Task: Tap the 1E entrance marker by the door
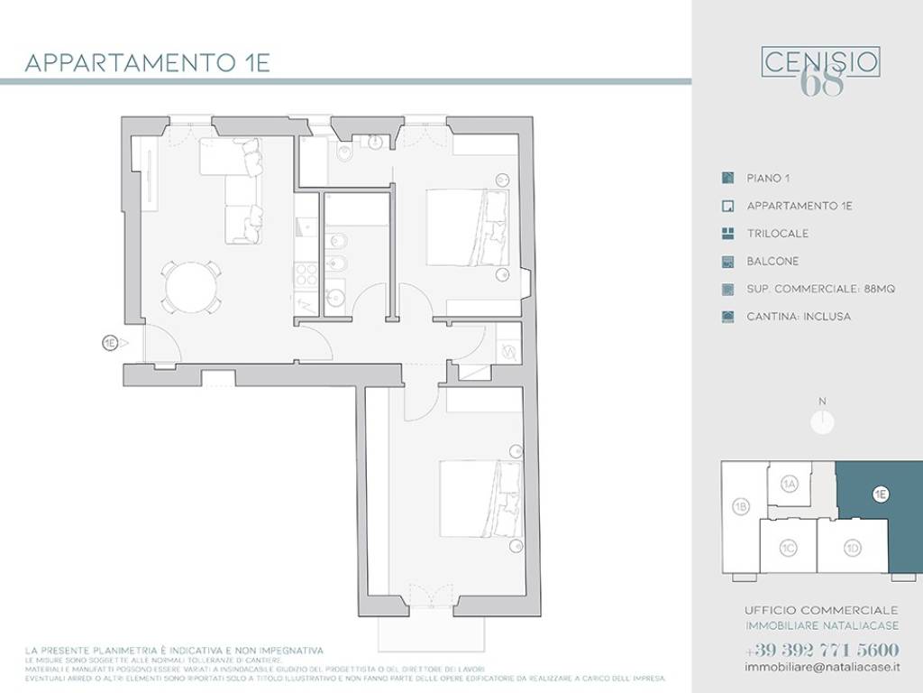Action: point(110,343)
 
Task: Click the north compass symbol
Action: point(822,420)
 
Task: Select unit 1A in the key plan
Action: point(790,485)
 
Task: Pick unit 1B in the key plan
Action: point(741,507)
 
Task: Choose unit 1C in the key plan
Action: point(788,547)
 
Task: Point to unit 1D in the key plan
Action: point(852,547)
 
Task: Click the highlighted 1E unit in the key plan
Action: point(881,494)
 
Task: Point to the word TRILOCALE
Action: point(777,234)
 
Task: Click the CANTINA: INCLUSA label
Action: point(799,318)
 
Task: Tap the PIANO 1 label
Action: point(768,179)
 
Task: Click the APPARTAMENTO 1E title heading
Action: point(147,63)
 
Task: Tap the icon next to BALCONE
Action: point(728,262)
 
